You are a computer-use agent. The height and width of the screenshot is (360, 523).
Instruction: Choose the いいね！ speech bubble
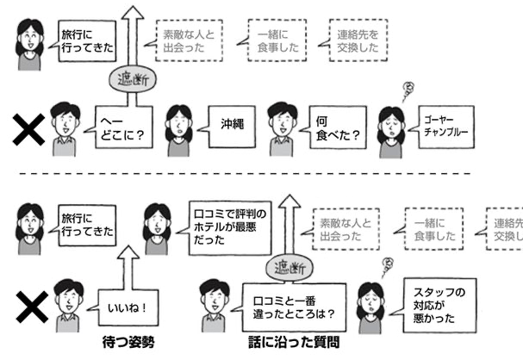[x=124, y=306]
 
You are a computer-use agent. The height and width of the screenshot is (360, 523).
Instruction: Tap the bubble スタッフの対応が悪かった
[x=437, y=305]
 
